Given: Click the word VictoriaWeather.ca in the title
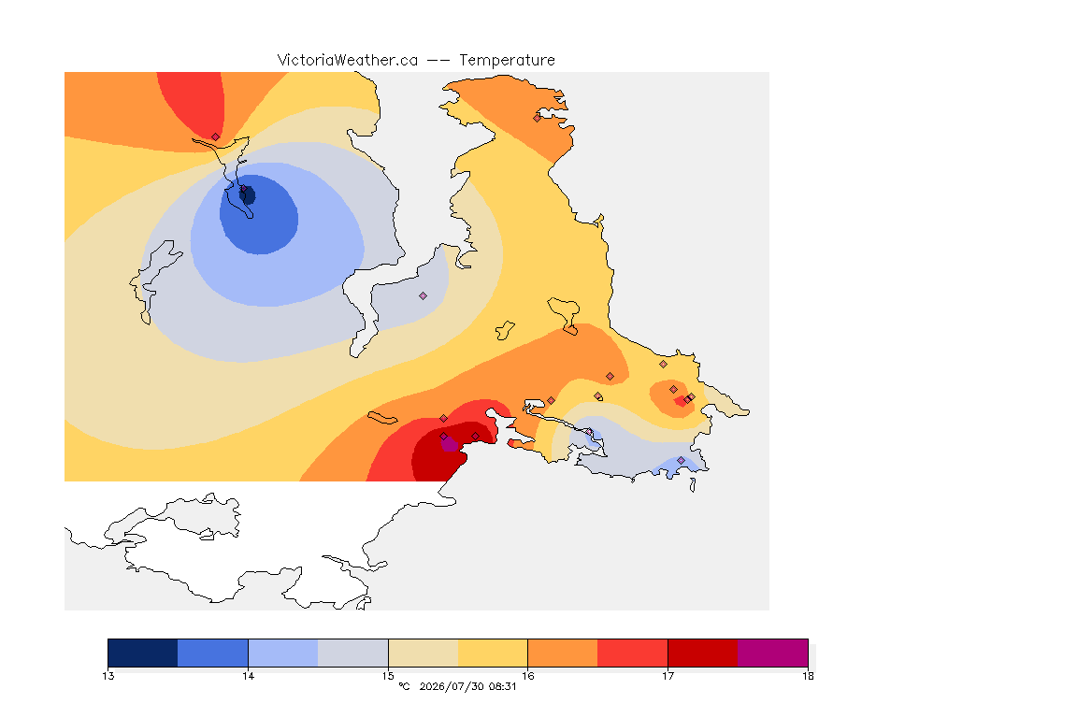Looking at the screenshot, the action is point(348,61).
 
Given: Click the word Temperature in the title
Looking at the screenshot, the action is point(507,61).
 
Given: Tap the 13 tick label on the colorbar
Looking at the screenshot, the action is point(108,676).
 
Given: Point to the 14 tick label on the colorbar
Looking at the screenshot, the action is point(248,676).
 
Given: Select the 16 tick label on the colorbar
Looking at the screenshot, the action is point(527,676).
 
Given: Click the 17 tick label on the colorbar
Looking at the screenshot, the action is point(668,676).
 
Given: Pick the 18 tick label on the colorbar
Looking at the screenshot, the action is point(808,676).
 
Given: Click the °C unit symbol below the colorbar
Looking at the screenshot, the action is point(404,686).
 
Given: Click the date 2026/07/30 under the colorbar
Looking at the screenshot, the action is point(451,686).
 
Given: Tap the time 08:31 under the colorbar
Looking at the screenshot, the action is point(502,686).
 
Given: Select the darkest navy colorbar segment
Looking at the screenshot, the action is point(143,653).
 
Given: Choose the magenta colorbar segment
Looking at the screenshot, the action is point(773,653).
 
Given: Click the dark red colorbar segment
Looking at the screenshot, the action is point(703,653).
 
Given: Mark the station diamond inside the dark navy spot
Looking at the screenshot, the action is point(243,188).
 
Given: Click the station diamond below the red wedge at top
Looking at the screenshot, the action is point(216,136).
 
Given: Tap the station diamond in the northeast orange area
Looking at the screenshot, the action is point(538,118).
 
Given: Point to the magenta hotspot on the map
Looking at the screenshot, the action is point(449,444).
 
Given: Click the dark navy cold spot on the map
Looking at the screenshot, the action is point(248,195).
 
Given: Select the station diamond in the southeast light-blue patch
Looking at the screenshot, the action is point(681,460).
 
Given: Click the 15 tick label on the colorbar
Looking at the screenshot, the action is point(388,676).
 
